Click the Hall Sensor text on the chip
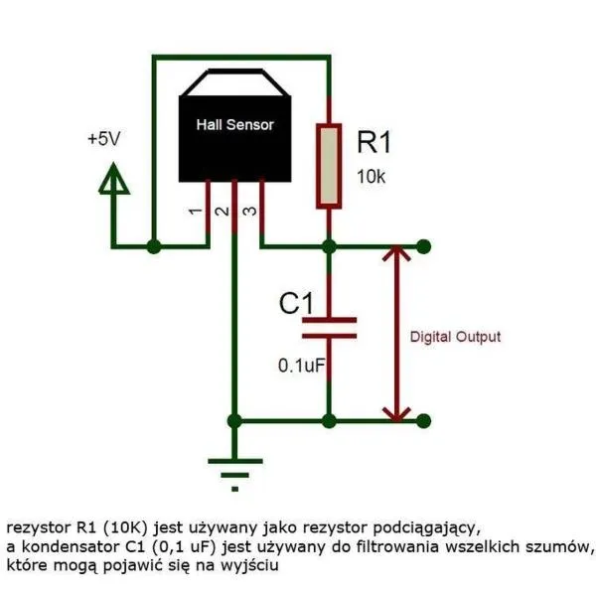pyautogui.click(x=234, y=125)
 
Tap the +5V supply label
pyautogui.click(x=103, y=139)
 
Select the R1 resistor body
pyautogui.click(x=329, y=166)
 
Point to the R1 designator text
pyautogui.click(x=374, y=142)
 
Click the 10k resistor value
pyautogui.click(x=371, y=177)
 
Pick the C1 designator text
pyautogui.click(x=296, y=303)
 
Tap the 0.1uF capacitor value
pyautogui.click(x=302, y=366)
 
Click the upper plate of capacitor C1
pyautogui.click(x=329, y=320)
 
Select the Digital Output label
pyautogui.click(x=455, y=337)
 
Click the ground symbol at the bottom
pyautogui.click(x=234, y=475)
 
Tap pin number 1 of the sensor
pyautogui.click(x=196, y=212)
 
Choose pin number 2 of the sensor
pyautogui.click(x=222, y=212)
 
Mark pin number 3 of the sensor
pyautogui.click(x=249, y=212)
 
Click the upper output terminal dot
pyautogui.click(x=423, y=246)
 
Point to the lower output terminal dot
pyautogui.click(x=423, y=421)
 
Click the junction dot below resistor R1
pyautogui.click(x=329, y=246)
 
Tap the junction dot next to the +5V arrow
pyautogui.click(x=154, y=246)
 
